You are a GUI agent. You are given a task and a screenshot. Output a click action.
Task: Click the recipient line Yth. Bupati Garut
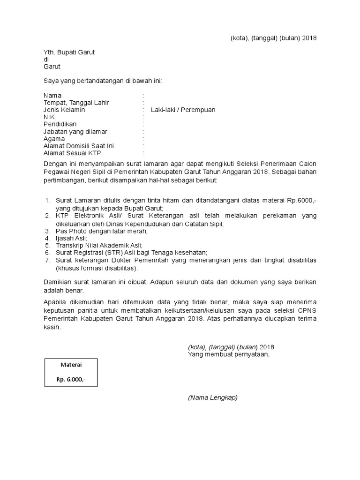(69, 52)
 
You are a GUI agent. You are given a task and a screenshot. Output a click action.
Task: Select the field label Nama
(52, 96)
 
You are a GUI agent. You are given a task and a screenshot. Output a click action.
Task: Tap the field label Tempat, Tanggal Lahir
(77, 103)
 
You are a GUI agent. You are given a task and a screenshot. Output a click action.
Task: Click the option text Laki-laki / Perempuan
(183, 110)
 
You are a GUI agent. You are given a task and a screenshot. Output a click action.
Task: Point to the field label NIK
(49, 117)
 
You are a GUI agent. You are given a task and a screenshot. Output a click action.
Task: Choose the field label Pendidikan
(60, 124)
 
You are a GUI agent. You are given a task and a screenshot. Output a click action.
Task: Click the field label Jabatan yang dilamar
(75, 132)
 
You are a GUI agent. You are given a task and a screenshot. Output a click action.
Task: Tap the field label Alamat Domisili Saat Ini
(78, 146)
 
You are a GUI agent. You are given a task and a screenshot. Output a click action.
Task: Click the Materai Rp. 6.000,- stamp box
(71, 373)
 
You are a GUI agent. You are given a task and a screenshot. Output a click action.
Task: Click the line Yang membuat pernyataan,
(229, 354)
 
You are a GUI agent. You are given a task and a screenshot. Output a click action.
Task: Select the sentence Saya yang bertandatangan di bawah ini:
(103, 81)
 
